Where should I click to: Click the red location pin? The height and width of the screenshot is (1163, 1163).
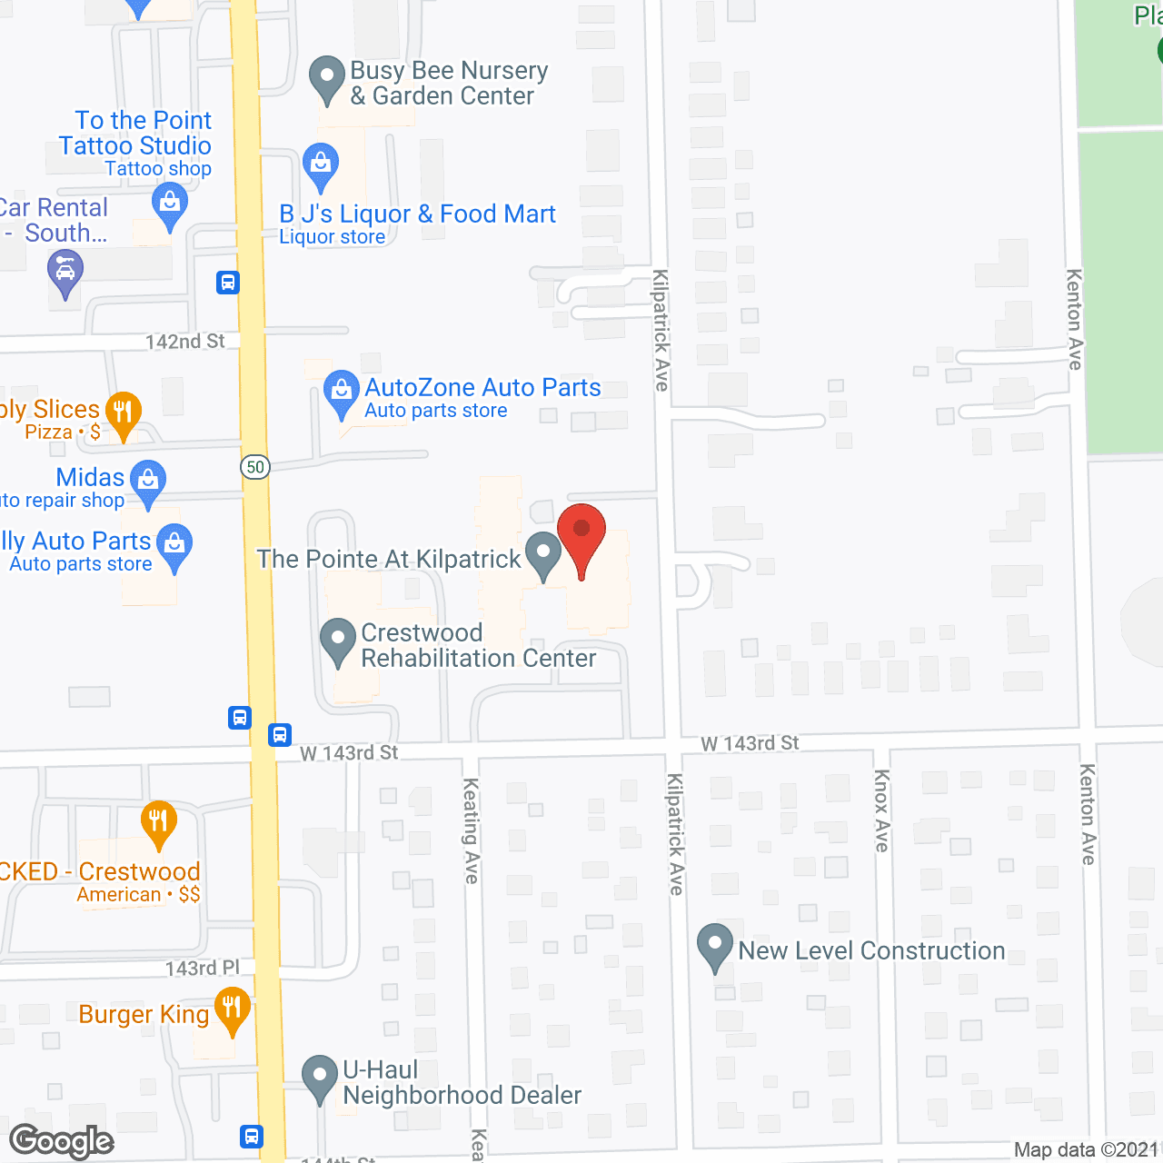tap(581, 537)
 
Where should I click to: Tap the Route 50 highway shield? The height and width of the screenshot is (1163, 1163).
tap(255, 467)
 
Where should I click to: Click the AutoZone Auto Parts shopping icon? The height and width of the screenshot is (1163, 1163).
tap(341, 392)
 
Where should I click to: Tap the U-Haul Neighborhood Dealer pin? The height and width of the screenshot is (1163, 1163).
tap(319, 1077)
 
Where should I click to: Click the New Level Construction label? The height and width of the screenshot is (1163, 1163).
tap(871, 950)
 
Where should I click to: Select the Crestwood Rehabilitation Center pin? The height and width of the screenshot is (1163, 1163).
tap(338, 641)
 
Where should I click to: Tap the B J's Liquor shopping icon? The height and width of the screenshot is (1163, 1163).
tap(320, 165)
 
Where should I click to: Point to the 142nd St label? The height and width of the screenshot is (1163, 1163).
tap(185, 342)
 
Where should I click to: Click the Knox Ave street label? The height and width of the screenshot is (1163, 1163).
tap(880, 810)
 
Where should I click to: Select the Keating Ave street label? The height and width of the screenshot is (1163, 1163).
tap(471, 830)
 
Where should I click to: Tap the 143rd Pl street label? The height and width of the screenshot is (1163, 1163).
tap(203, 969)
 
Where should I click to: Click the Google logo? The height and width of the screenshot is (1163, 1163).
tap(62, 1140)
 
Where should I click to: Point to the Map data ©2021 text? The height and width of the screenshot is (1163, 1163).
tap(1087, 1149)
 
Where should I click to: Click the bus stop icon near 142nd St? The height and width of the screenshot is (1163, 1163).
tap(228, 283)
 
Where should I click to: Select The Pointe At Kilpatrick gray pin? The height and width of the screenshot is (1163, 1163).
tap(543, 553)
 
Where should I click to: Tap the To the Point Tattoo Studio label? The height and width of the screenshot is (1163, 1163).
tap(135, 133)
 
